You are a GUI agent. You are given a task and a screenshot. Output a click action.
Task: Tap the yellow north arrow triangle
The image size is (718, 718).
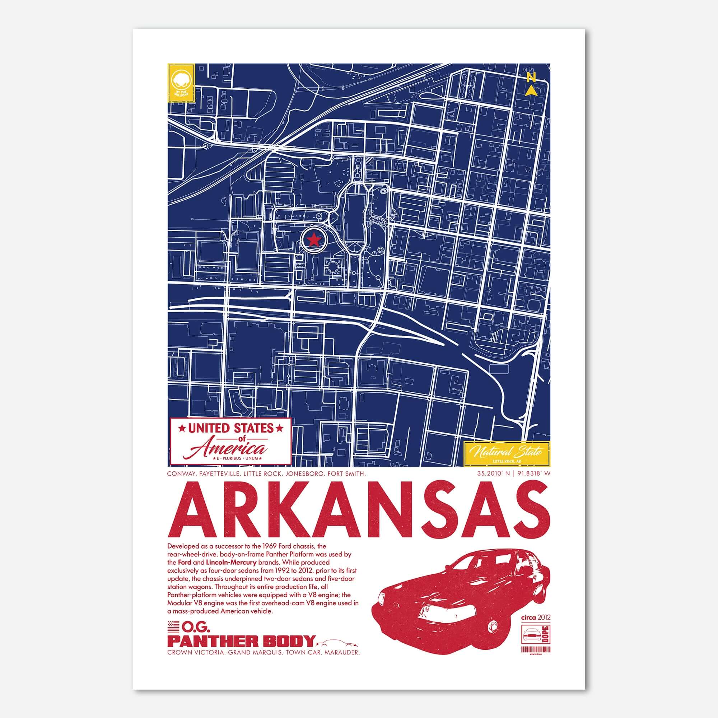pyautogui.click(x=532, y=91)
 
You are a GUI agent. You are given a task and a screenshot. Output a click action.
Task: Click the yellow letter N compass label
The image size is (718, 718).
pyautogui.click(x=531, y=77)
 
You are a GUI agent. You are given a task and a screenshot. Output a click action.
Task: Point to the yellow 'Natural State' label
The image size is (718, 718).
pyautogui.click(x=507, y=453)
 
